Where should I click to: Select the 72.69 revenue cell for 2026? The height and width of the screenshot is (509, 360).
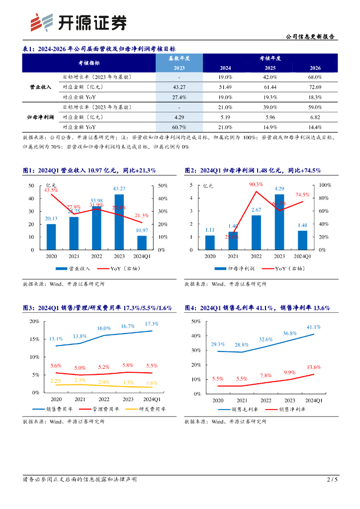coord(315,87)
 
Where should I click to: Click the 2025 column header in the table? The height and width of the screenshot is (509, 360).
coord(270,68)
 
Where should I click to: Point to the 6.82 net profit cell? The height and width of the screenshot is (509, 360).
coord(315,117)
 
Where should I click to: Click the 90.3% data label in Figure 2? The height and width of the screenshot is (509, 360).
coord(256,185)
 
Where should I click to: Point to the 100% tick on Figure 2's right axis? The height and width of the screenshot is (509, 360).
coord(325,185)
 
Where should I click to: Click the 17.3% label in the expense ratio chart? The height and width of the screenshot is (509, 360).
coord(152,324)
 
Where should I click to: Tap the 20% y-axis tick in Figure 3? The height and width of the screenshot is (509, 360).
coord(35,321)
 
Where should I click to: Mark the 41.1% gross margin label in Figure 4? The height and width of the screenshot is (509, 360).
coord(313,327)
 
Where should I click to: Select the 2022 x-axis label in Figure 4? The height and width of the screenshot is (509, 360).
coord(265,400)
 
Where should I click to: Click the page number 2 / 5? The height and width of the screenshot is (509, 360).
coord(332,480)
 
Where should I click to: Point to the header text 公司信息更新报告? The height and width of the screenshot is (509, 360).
coord(311,36)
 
